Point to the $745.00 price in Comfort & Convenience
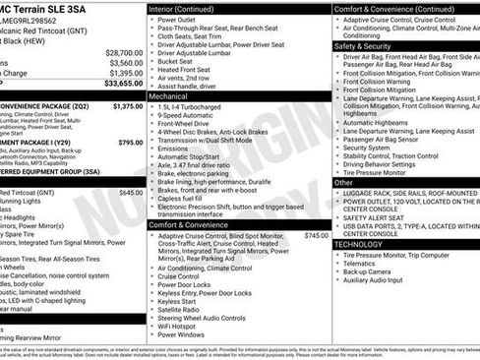click(x=317, y=236)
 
